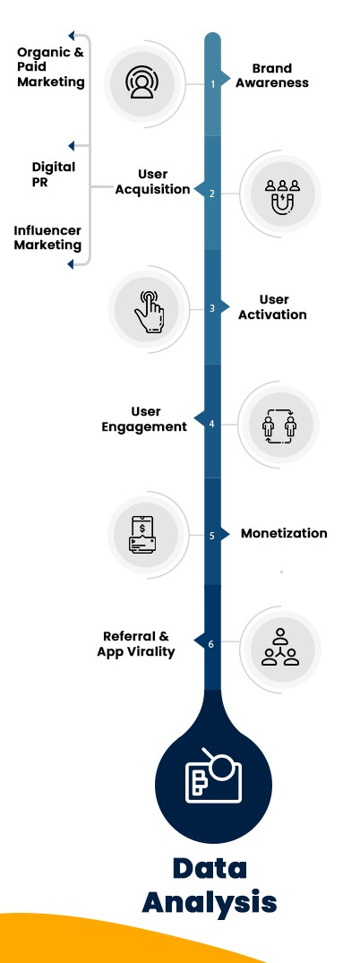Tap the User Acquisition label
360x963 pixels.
152,181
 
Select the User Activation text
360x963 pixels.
272,306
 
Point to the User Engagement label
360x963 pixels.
145,418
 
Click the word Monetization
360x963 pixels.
284,533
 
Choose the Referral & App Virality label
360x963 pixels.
136,643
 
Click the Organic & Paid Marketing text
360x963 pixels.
51,67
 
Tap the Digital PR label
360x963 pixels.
54,175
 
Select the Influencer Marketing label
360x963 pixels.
47,237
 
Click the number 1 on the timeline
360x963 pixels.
212,84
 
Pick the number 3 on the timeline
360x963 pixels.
212,308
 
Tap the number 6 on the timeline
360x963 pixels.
212,644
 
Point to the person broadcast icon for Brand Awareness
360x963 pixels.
141,82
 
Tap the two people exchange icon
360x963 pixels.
279,421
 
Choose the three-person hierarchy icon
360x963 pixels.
280,646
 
